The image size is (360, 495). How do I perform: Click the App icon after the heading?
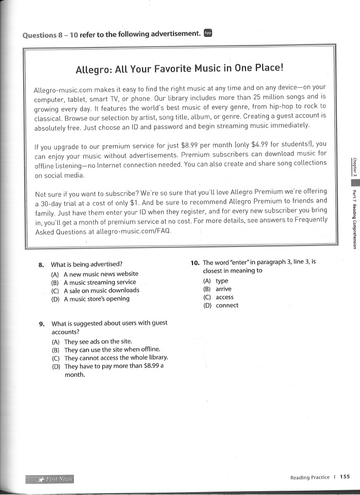tap(208, 33)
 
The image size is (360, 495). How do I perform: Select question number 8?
tap(41, 265)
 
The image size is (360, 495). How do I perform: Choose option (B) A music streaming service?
tap(94, 282)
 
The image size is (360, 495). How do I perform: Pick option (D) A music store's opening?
tap(90, 299)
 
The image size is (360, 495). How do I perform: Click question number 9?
tap(42, 324)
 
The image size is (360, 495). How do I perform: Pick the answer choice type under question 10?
tap(221, 281)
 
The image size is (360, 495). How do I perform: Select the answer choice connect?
tap(227, 306)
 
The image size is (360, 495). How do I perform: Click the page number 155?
tap(345, 477)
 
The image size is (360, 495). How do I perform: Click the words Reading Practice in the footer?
tap(310, 477)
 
